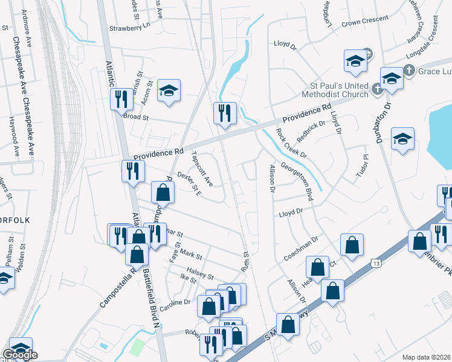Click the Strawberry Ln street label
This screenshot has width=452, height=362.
(x=129, y=28)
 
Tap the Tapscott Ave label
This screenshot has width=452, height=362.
(x=201, y=168)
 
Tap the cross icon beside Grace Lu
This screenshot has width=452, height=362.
(x=410, y=70)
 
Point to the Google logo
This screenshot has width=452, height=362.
(x=20, y=355)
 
